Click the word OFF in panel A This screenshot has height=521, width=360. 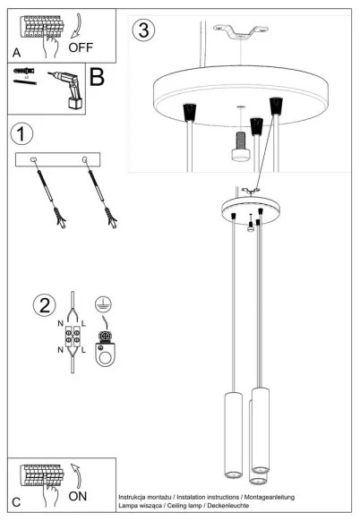coord(81,47)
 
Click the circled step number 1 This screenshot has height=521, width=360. coord(22,134)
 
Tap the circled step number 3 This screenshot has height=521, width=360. coord(141,30)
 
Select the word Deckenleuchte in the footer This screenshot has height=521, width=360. coord(227,507)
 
